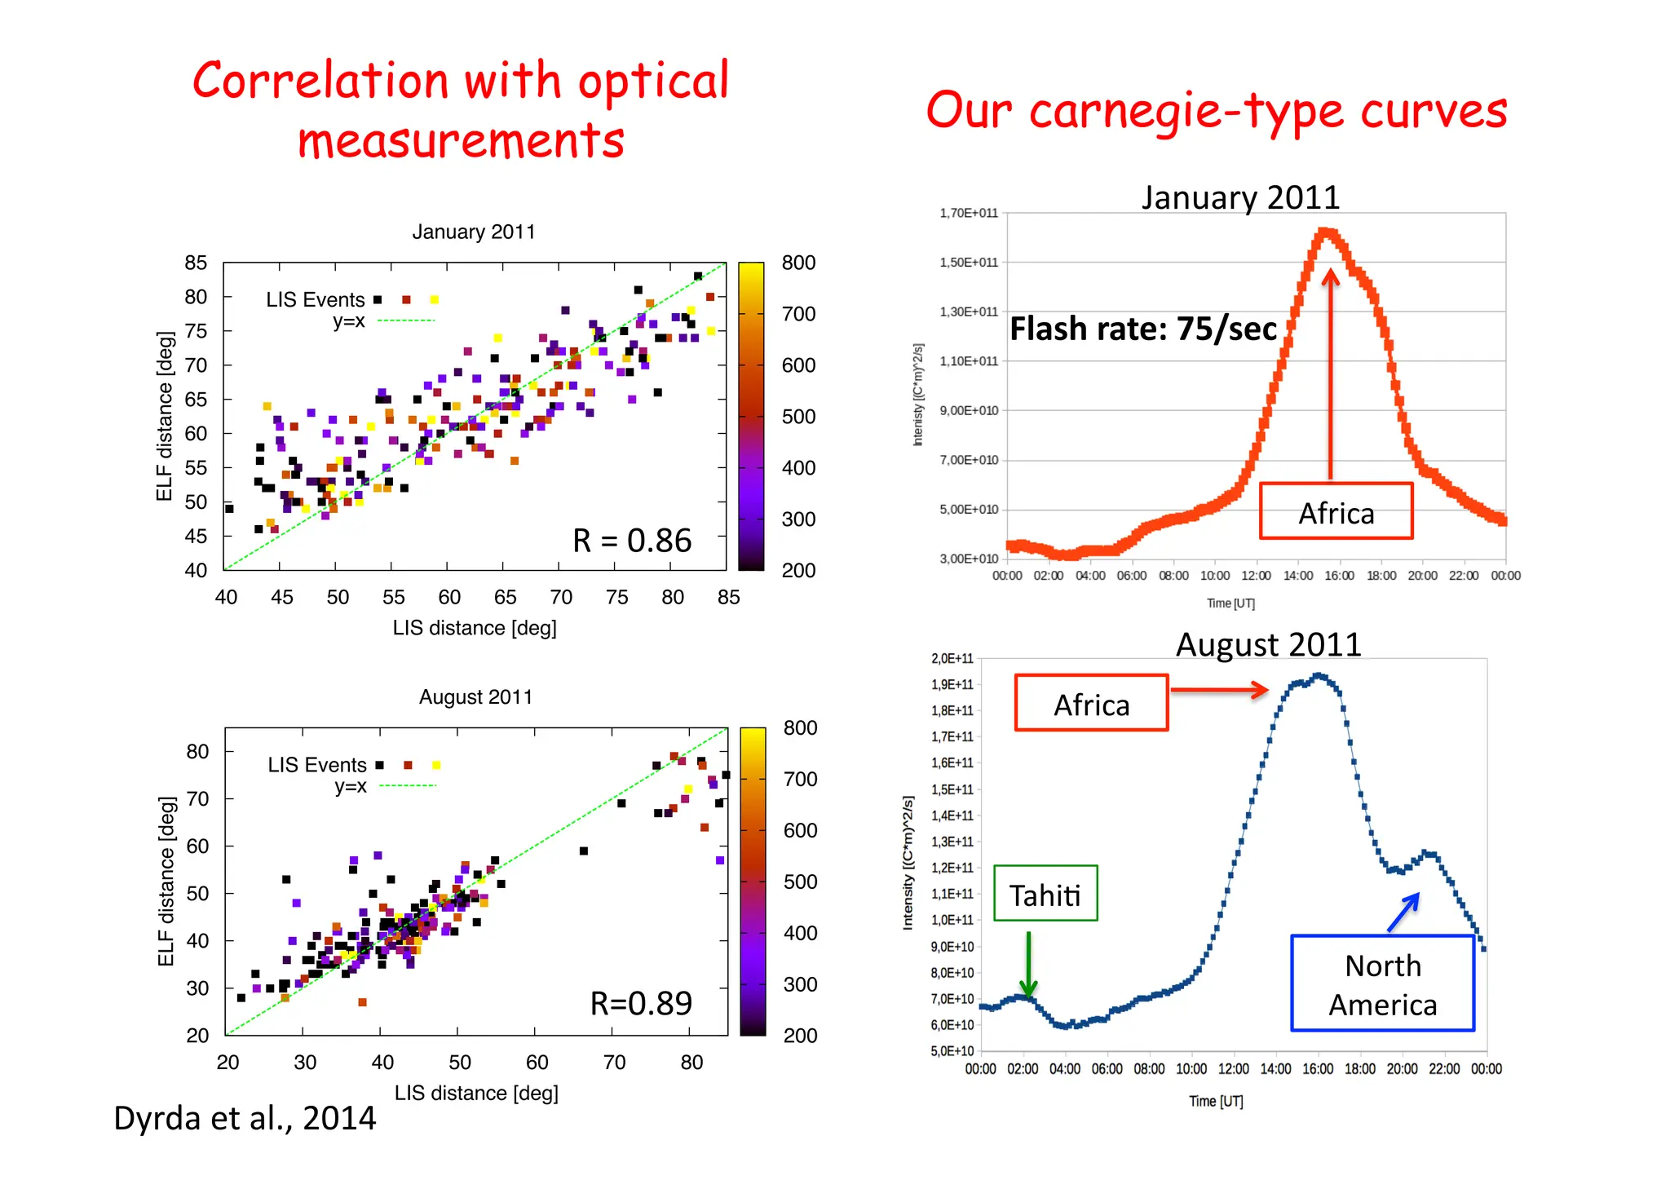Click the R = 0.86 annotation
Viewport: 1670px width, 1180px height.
point(632,541)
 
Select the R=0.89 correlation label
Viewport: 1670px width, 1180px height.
point(641,1003)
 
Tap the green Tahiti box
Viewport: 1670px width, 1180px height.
point(1045,894)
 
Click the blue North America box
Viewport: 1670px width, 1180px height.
point(1382,983)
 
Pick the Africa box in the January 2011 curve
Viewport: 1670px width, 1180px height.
point(1336,512)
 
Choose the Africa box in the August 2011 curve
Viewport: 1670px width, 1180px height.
point(1091,704)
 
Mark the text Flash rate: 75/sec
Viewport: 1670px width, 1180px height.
point(1143,329)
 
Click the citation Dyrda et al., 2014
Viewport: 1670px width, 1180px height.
point(245,1118)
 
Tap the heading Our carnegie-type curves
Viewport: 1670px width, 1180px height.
point(1217,111)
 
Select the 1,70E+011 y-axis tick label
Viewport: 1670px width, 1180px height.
point(969,214)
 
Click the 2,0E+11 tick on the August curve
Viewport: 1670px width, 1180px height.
point(952,659)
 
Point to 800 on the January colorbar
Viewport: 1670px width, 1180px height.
point(798,263)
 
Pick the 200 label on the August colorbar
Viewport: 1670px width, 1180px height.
point(800,1036)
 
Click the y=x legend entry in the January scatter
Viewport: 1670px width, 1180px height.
point(349,321)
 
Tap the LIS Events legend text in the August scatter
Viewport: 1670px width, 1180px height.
point(317,765)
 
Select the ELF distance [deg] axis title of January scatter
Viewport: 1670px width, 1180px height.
point(166,416)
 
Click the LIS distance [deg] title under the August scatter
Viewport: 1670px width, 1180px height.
point(476,1093)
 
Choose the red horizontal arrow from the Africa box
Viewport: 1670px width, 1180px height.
point(1219,691)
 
